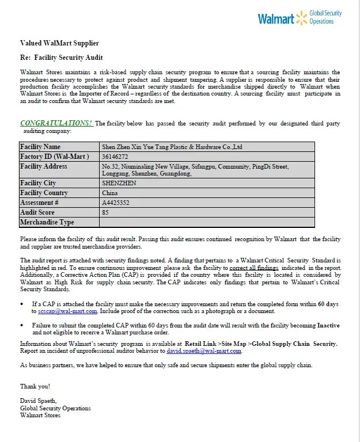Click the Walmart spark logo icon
pyautogui.click(x=301, y=18)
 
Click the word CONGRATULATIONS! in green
pyautogui.click(x=56, y=123)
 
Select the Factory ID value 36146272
pyautogui.click(x=115, y=157)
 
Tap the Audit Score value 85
pyautogui.click(x=105, y=212)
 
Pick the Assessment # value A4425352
pyautogui.click(x=116, y=203)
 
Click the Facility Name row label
pyautogui.click(x=40, y=147)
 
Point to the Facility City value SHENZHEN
pyautogui.click(x=119, y=184)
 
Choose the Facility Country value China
pyautogui.click(x=110, y=193)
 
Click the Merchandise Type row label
pyautogui.click(x=47, y=222)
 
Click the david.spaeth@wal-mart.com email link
pyautogui.click(x=204, y=350)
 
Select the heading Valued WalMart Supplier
pyautogui.click(x=59, y=43)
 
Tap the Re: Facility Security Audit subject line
pyautogui.click(x=62, y=58)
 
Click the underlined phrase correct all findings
pyautogui.click(x=254, y=268)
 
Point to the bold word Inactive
pyautogui.click(x=328, y=325)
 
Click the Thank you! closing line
pyautogui.click(x=35, y=386)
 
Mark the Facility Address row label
pyautogui.click(x=44, y=166)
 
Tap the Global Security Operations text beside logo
pyautogui.click(x=325, y=17)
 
